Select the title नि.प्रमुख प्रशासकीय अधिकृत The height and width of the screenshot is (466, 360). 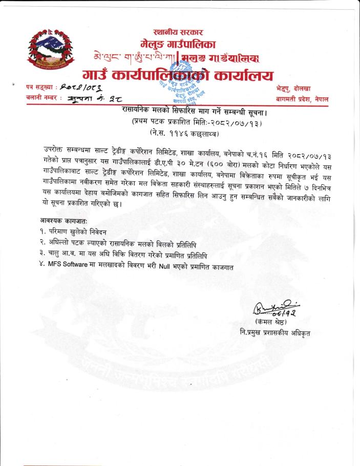tap(274, 333)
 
